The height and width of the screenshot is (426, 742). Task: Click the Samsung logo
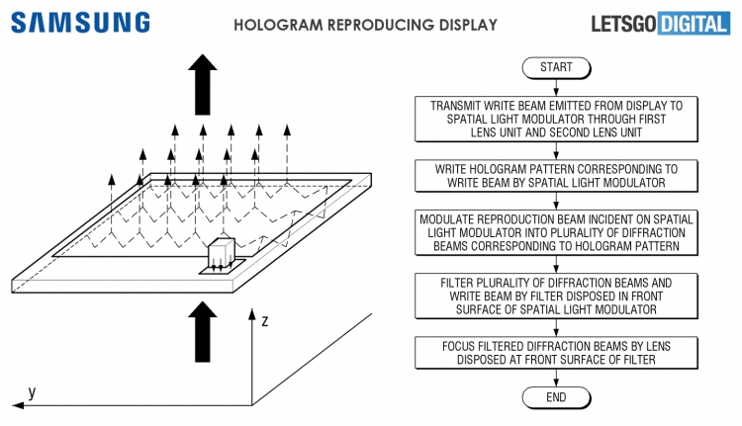pyautogui.click(x=82, y=22)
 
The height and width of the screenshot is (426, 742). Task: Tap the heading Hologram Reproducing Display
pyautogui.click(x=365, y=24)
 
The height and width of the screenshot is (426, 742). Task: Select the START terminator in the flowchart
pyautogui.click(x=556, y=68)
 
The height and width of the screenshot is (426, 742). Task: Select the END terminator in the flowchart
pyautogui.click(x=556, y=396)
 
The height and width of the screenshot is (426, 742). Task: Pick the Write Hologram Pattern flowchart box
pyautogui.click(x=556, y=176)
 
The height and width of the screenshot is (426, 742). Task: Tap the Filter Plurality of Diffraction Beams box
pyautogui.click(x=556, y=297)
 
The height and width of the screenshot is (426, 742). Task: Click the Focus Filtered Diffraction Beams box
pyautogui.click(x=556, y=351)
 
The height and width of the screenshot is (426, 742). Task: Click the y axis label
pyautogui.click(x=33, y=392)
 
